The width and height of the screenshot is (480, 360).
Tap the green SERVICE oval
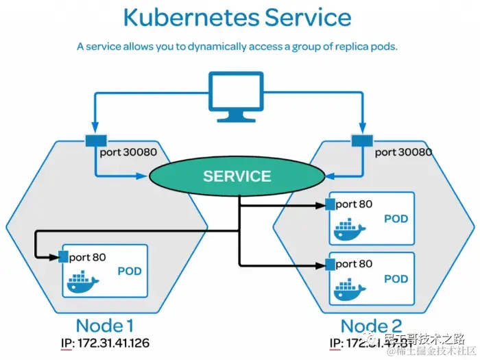pyautogui.click(x=237, y=176)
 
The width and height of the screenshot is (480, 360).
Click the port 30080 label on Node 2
pyautogui.click(x=403, y=152)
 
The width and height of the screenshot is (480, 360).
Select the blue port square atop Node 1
pyautogui.click(x=91, y=141)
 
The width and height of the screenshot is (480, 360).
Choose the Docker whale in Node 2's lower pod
pyautogui.click(x=350, y=289)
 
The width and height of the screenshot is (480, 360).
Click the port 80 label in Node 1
pyautogui.click(x=87, y=258)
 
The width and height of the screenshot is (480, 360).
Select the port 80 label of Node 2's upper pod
pyautogui.click(x=354, y=204)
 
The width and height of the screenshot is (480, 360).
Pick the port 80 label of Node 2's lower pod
pyautogui.click(x=354, y=264)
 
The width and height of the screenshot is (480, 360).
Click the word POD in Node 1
pyautogui.click(x=130, y=271)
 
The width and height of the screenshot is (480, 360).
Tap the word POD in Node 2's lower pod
pyautogui.click(x=396, y=279)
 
